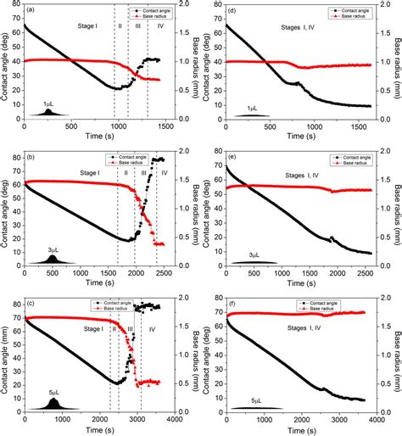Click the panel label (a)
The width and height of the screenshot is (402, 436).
pyautogui.click(x=31, y=11)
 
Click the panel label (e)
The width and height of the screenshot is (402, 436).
pyautogui.click(x=232, y=158)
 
